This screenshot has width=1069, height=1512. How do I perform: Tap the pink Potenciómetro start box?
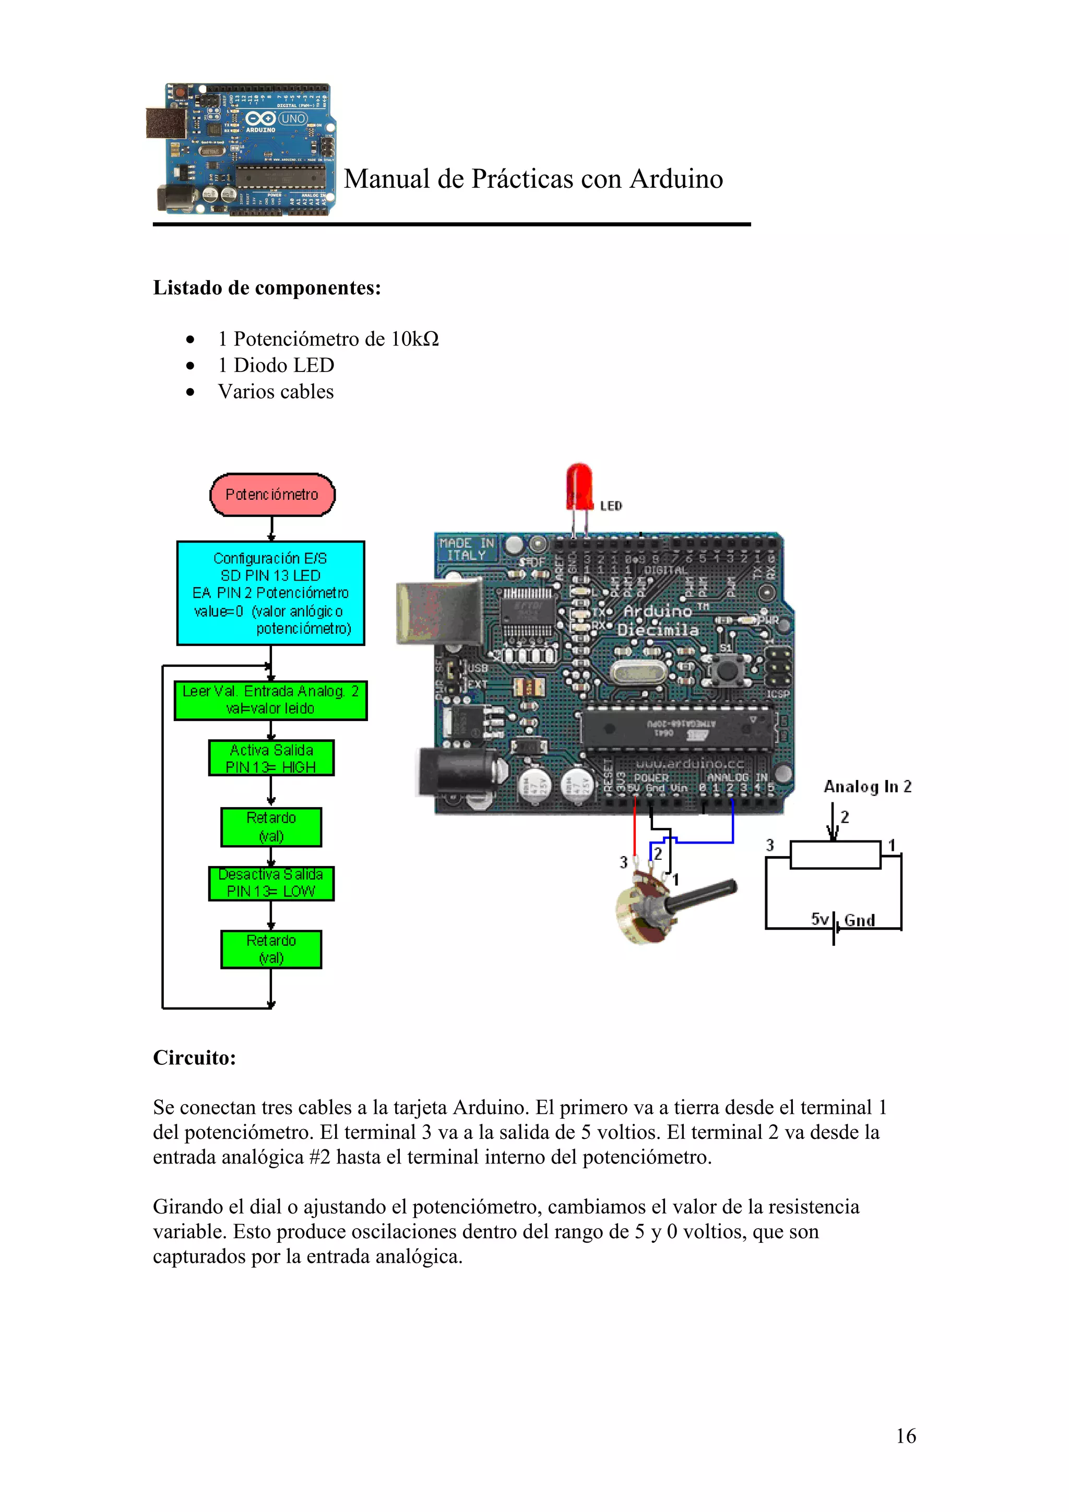(272, 495)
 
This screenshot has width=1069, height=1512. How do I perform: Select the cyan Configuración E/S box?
(271, 593)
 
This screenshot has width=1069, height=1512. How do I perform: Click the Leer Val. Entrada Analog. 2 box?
(271, 700)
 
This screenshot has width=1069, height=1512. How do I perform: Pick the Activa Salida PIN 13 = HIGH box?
(271, 758)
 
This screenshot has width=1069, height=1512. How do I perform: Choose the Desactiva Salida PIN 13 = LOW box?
(271, 883)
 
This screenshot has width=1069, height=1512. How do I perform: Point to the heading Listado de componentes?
(267, 288)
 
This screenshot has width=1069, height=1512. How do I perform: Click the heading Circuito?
(194, 1057)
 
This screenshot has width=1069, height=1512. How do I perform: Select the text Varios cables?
(276, 391)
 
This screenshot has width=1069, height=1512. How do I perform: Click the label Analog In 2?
(867, 786)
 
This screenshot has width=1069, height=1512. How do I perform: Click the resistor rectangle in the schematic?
(835, 855)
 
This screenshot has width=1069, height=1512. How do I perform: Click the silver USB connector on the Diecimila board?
(438, 613)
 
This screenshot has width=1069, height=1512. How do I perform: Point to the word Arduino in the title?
(676, 179)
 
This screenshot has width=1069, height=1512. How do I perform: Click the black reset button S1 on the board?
(727, 671)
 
